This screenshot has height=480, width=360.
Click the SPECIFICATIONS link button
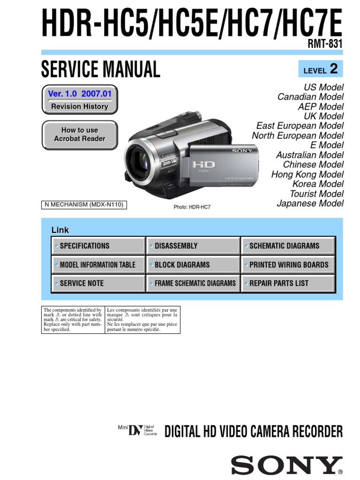tap(98, 246)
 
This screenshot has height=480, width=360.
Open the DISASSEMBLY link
tap(193, 246)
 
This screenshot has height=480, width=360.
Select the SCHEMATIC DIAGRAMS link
tap(288, 246)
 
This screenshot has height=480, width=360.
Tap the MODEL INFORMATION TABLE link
tap(98, 265)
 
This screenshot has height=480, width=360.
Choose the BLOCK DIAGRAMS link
tap(193, 265)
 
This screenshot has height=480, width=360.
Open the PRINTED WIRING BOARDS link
tap(288, 265)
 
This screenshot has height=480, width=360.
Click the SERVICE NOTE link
tap(98, 283)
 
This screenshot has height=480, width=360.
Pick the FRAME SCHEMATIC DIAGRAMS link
tap(193, 283)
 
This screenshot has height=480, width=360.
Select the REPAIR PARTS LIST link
tap(288, 283)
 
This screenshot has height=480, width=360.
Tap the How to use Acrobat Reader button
tap(80, 135)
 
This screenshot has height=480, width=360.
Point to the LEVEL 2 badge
tap(321, 69)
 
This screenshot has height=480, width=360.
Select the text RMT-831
tap(325, 43)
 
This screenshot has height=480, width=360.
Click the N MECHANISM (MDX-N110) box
tap(84, 204)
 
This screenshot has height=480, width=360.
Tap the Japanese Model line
tap(310, 203)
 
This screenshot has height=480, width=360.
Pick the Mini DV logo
tap(137, 430)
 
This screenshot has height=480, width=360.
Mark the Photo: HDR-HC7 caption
tap(192, 206)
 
